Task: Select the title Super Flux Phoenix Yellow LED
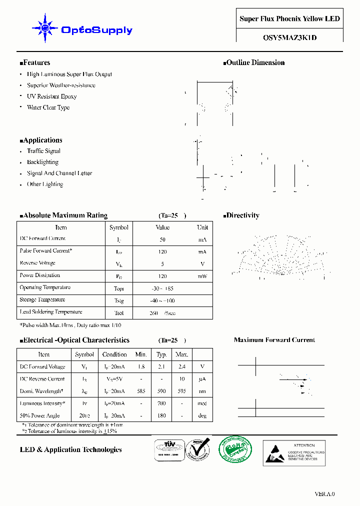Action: point(289,19)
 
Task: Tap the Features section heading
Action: point(35,63)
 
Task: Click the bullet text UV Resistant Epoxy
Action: point(51,96)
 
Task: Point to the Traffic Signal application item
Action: point(43,151)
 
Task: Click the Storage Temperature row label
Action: point(42,300)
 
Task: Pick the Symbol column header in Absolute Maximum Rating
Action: point(119,227)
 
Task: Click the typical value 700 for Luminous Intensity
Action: point(161,403)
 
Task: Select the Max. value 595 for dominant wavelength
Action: point(181,391)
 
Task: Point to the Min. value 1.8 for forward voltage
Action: point(141,366)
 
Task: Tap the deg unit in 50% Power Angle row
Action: point(202,416)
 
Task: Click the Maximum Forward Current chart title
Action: point(274,340)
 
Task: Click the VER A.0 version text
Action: point(324,494)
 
